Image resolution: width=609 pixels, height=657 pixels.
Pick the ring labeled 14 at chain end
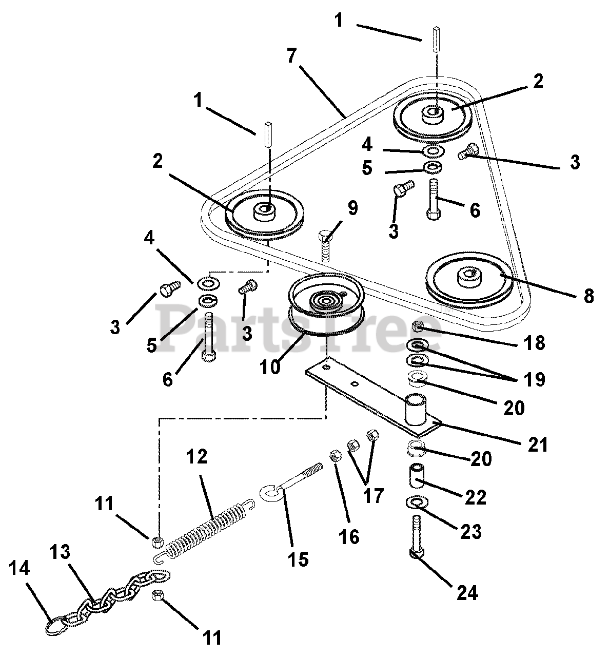tap(54, 626)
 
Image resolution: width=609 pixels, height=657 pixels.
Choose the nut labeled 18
tap(418, 326)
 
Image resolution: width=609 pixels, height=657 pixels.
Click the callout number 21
tap(537, 444)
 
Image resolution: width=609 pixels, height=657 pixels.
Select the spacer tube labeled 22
tap(417, 475)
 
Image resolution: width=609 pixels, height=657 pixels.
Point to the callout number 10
tap(270, 367)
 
